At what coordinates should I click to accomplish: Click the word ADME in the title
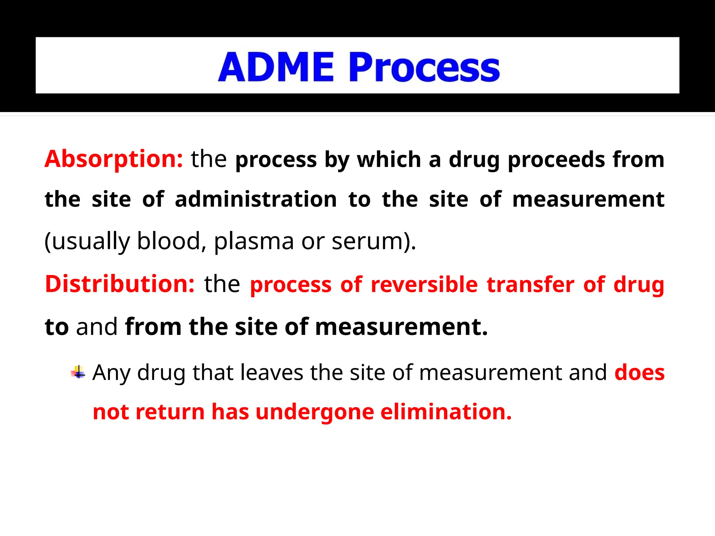tap(276, 67)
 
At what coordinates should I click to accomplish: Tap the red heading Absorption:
tap(114, 159)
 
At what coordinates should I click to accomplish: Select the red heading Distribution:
tap(120, 284)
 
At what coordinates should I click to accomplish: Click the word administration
tap(256, 200)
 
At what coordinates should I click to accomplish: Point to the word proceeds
tap(556, 160)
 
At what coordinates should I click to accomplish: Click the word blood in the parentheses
tap(168, 241)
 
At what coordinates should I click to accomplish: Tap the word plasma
tap(254, 242)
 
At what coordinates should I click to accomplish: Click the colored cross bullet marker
tap(78, 372)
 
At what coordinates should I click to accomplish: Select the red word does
tap(639, 373)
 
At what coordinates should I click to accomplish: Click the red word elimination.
tap(446, 412)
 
